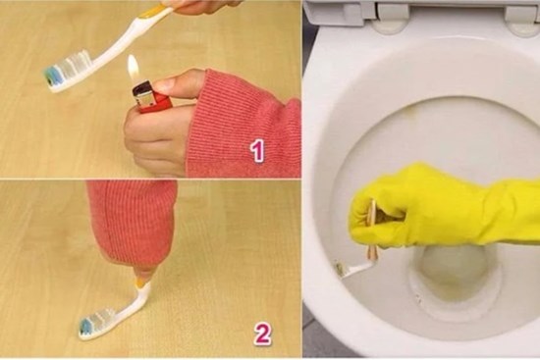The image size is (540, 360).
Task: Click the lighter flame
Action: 133,69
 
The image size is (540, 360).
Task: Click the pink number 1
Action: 257,150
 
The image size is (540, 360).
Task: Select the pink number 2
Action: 261,334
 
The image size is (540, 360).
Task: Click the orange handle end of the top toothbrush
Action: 156,12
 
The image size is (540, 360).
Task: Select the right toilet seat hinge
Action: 521,13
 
